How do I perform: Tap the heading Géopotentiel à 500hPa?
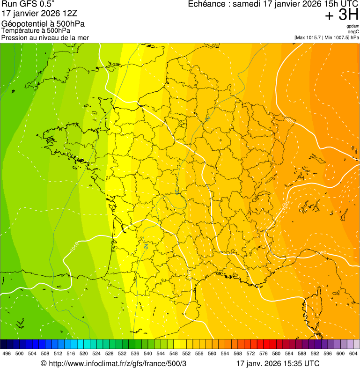pyautogui.click(x=43, y=24)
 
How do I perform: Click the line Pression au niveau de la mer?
pyautogui.click(x=45, y=37)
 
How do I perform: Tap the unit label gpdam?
pyautogui.click(x=353, y=26)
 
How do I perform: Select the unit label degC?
pyautogui.click(x=353, y=32)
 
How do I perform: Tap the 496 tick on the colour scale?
pyautogui.click(x=7, y=354)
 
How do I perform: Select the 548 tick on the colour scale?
pyautogui.click(x=173, y=354)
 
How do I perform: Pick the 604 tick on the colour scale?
pyautogui.click(x=353, y=354)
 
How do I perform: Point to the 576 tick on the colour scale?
pyautogui.click(x=263, y=354)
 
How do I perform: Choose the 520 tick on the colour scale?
pyautogui.click(x=83, y=354)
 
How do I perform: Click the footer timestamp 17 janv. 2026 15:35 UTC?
pyautogui.click(x=278, y=363)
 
